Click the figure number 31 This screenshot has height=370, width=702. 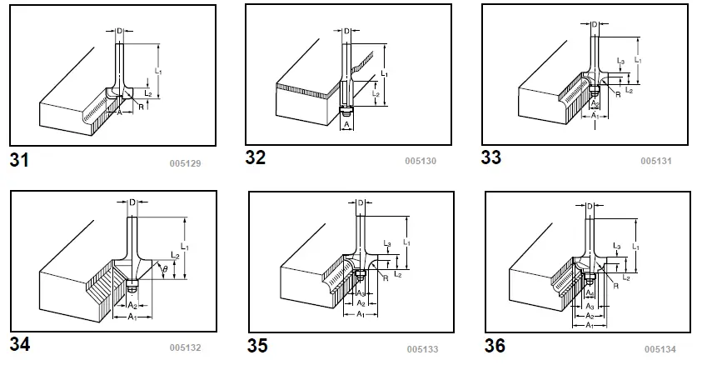point(19,161)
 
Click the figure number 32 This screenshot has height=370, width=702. point(256,157)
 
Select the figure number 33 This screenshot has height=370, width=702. point(492,157)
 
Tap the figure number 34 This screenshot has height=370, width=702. point(19,343)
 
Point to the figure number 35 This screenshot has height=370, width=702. point(258,345)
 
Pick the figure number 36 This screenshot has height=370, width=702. point(495,345)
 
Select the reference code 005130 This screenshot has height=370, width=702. point(420,160)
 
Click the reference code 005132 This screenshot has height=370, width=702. point(185,347)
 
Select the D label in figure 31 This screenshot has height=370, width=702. point(119,32)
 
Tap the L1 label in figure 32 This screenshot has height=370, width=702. point(384,74)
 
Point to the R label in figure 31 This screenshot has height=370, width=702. point(142,107)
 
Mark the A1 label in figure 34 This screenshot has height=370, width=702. point(132,317)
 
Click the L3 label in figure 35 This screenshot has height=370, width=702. point(388,243)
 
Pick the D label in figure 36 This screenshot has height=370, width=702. point(590,206)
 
